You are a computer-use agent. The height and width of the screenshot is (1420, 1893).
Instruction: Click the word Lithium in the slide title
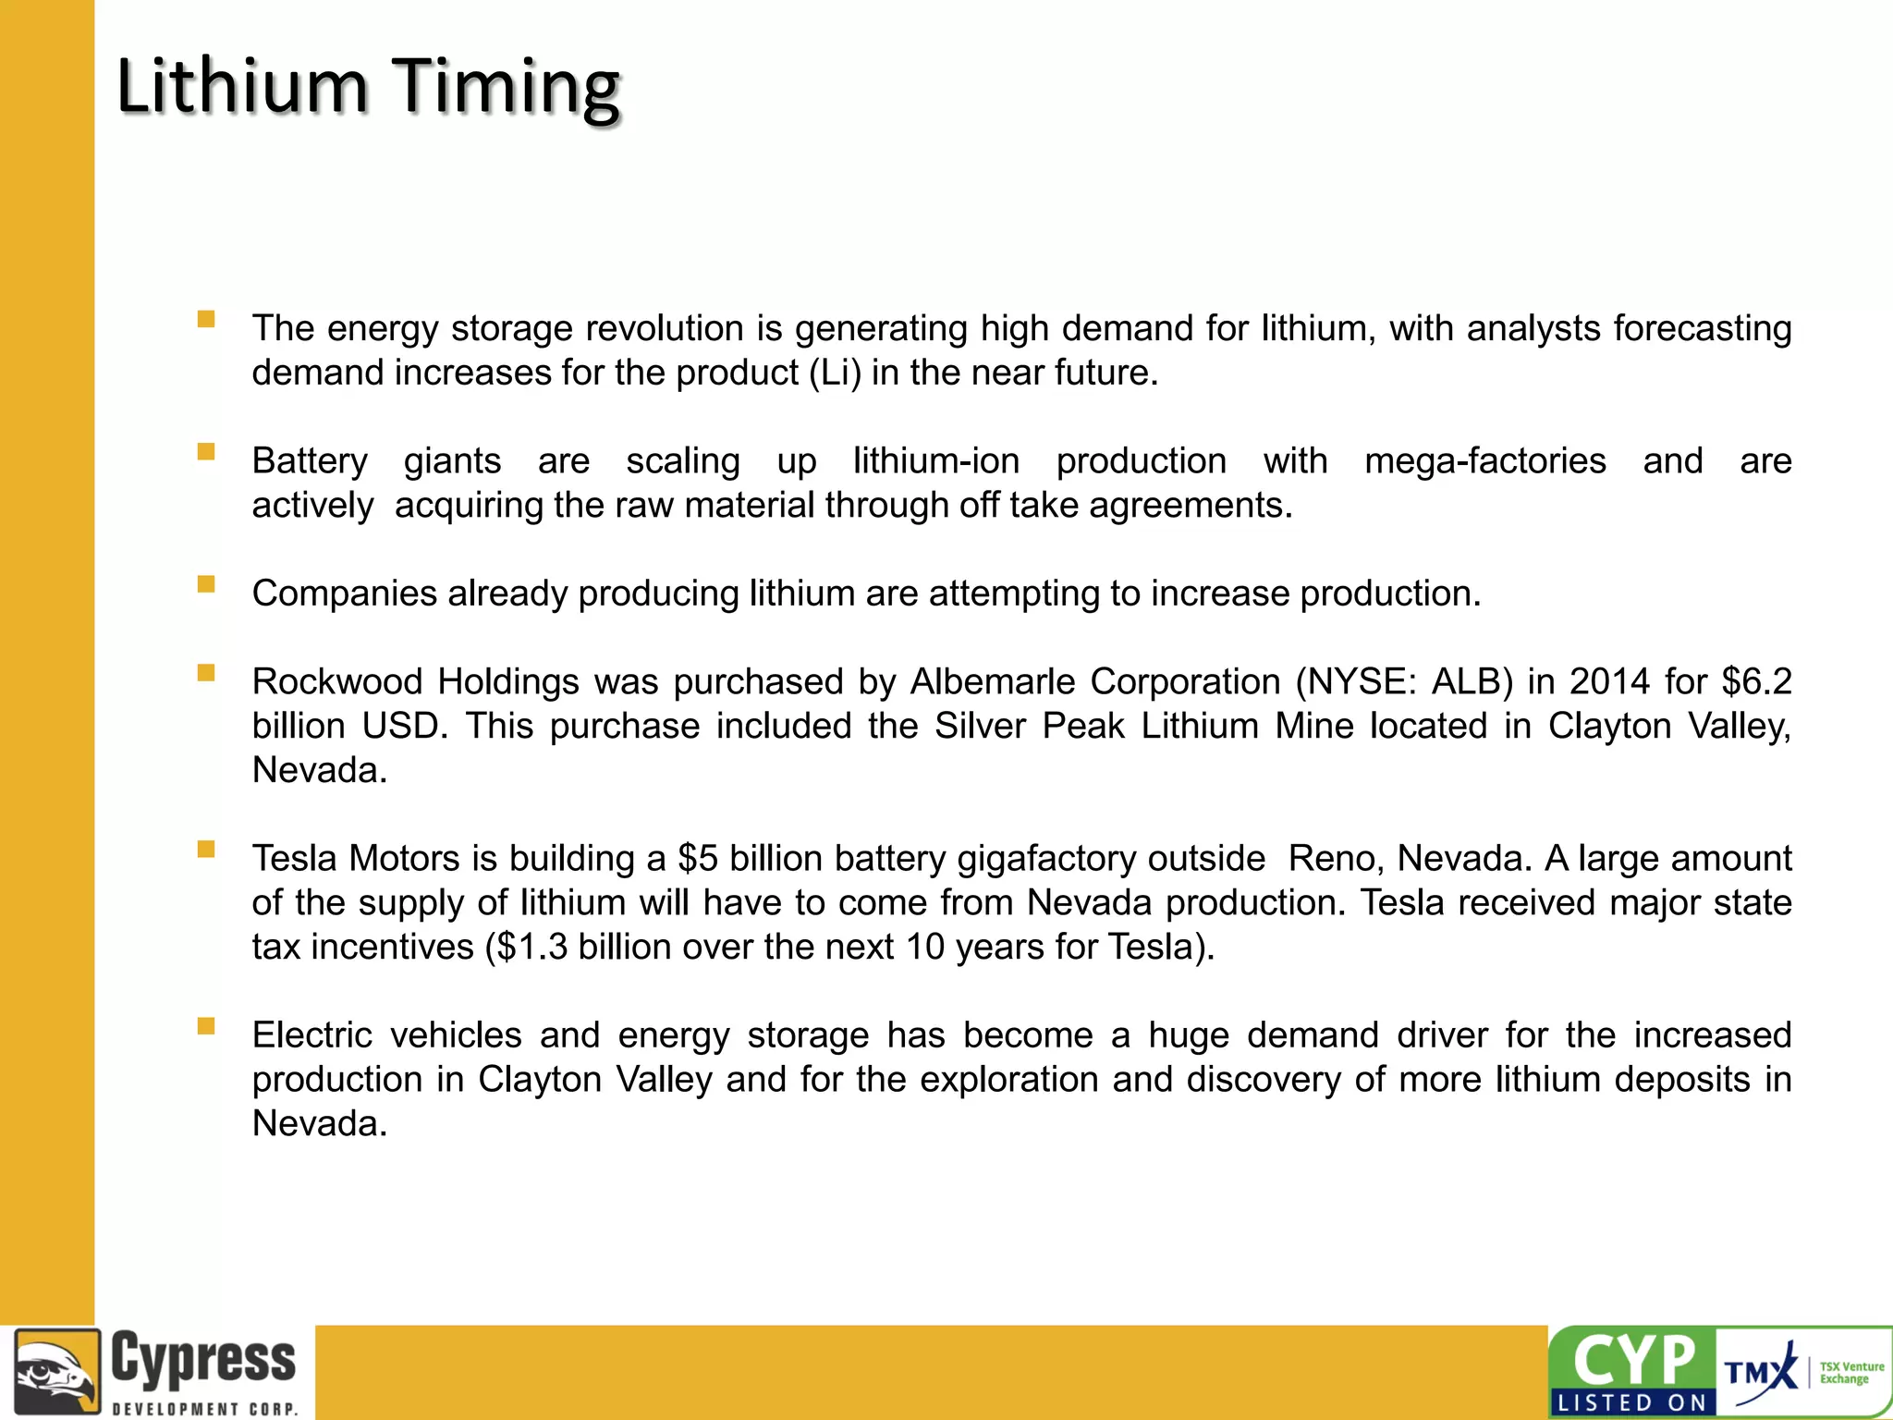pyautogui.click(x=242, y=86)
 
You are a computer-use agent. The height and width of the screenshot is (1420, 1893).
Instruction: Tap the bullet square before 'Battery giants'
pyautogui.click(x=206, y=452)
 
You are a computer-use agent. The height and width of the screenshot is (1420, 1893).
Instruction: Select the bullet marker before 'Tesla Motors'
pyautogui.click(x=206, y=850)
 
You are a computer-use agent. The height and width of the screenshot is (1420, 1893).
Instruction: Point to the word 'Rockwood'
pyautogui.click(x=337, y=682)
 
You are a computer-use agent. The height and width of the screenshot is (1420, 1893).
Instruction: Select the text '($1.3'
pyautogui.click(x=526, y=948)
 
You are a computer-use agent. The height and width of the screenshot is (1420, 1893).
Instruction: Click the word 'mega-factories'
pyautogui.click(x=1484, y=461)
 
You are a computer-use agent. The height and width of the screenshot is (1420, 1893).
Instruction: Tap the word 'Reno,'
pyautogui.click(x=1336, y=859)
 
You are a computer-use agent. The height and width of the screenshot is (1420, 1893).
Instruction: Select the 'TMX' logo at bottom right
pyautogui.click(x=1759, y=1371)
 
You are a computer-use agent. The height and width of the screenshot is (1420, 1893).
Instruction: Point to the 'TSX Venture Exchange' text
pyautogui.click(x=1851, y=1373)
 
